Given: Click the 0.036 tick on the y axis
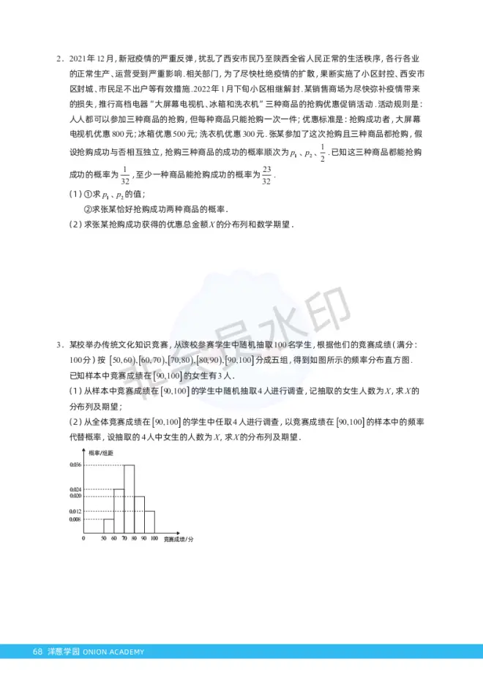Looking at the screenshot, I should click(x=75, y=464).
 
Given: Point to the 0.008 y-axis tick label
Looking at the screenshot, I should click(x=75, y=519).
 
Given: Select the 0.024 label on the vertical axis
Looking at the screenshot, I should click(x=75, y=489).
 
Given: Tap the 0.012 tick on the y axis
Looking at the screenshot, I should click(x=75, y=511).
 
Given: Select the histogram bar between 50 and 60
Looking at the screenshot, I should click(x=108, y=526).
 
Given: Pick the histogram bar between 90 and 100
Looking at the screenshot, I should click(x=149, y=521).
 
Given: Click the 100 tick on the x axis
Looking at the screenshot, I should click(x=154, y=539).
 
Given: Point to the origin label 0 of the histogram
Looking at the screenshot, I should click(x=84, y=539).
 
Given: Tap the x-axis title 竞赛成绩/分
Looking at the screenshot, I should click(x=179, y=539).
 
